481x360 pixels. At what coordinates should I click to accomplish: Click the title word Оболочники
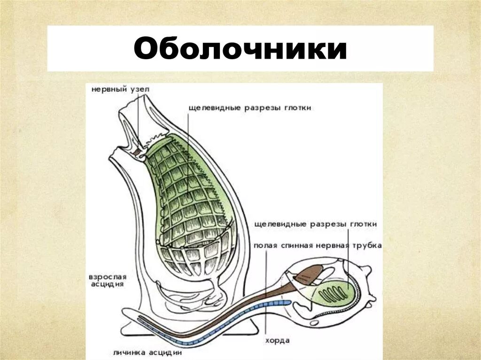(240, 49)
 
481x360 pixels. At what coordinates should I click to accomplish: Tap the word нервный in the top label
(105, 88)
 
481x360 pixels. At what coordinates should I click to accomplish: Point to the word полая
(264, 245)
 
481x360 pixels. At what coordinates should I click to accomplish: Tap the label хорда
(277, 340)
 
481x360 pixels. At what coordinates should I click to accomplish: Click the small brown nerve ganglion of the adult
(136, 152)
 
